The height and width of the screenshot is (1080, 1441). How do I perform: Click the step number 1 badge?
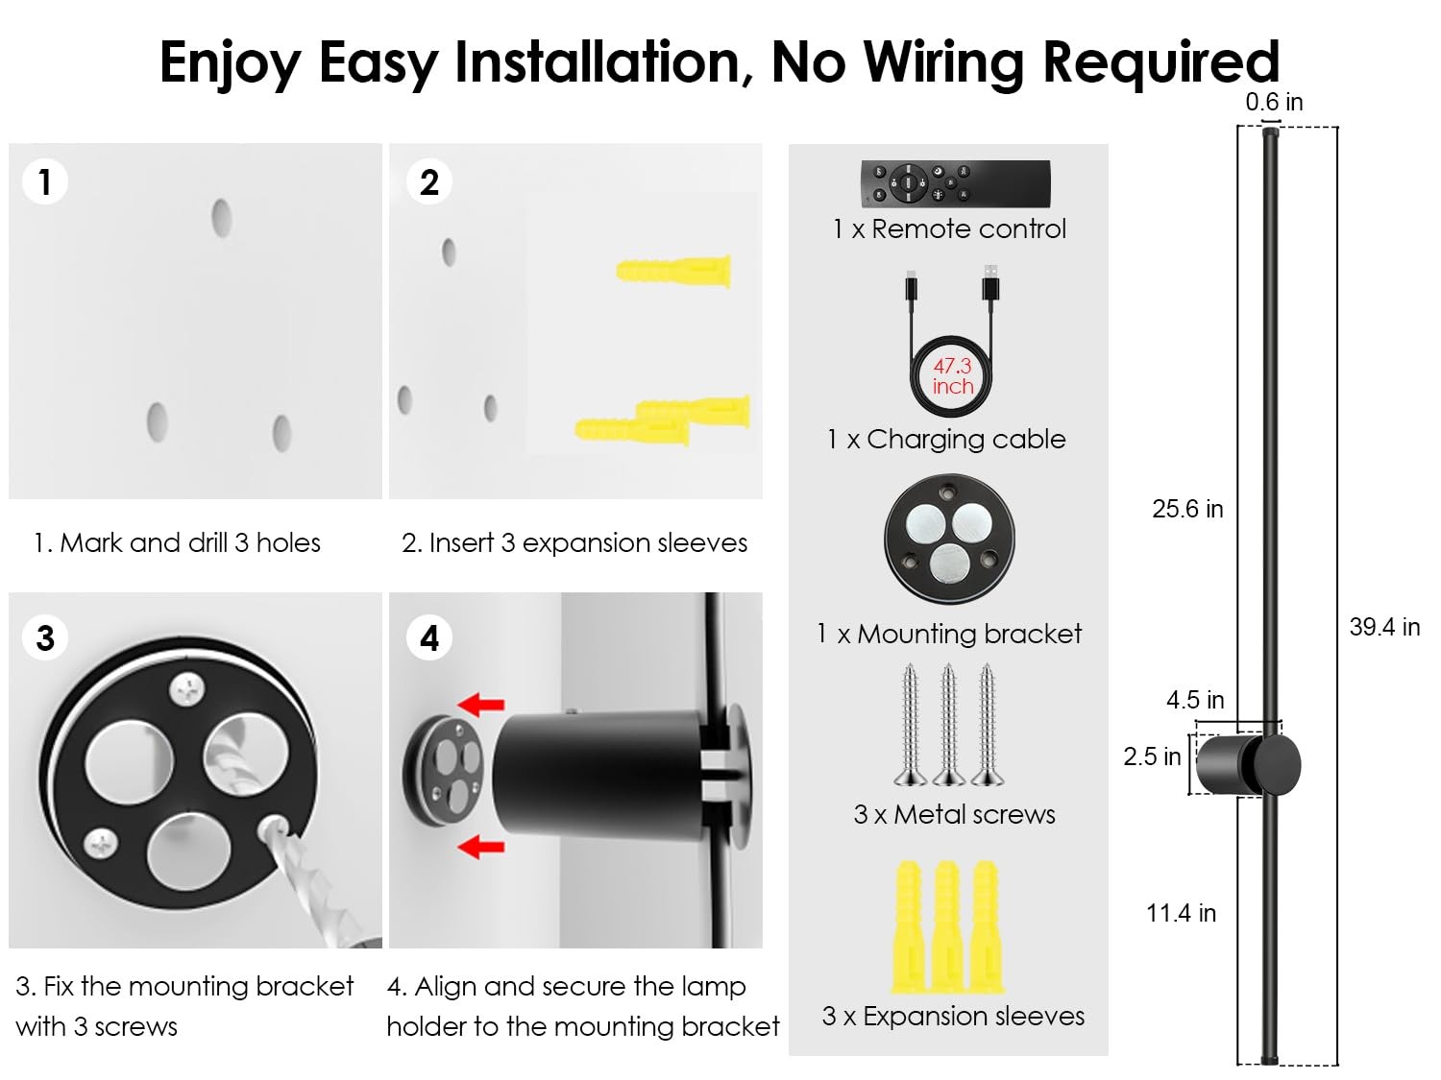pyautogui.click(x=44, y=181)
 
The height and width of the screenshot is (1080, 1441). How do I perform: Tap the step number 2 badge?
pyautogui.click(x=428, y=181)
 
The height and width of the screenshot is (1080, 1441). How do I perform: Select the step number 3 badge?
pyautogui.click(x=44, y=638)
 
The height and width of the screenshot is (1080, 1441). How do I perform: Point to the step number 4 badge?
pyautogui.click(x=428, y=638)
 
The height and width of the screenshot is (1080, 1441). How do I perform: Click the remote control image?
pyautogui.click(x=955, y=182)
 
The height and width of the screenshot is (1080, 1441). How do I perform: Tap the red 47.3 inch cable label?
pyautogui.click(x=952, y=376)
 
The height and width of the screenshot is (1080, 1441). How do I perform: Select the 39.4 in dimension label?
pyautogui.click(x=1383, y=627)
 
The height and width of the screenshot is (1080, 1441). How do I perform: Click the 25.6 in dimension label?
pyautogui.click(x=1187, y=509)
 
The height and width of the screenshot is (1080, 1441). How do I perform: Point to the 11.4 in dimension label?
pyautogui.click(x=1181, y=913)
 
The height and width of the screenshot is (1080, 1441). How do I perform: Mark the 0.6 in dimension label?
pyautogui.click(x=1274, y=102)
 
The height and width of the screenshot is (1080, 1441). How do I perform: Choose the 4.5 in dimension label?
pyautogui.click(x=1195, y=700)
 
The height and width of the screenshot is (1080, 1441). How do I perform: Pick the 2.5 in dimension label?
pyautogui.click(x=1152, y=756)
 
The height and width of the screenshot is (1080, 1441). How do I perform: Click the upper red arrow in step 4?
pyautogui.click(x=481, y=706)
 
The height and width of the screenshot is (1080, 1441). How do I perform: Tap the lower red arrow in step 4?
pyautogui.click(x=481, y=847)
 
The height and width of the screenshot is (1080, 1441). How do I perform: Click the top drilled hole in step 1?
pyautogui.click(x=222, y=219)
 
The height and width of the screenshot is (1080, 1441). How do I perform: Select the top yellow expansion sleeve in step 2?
pyautogui.click(x=673, y=271)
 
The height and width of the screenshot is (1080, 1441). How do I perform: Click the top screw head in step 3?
pyautogui.click(x=186, y=687)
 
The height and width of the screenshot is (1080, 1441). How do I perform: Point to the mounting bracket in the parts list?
pyautogui.click(x=949, y=539)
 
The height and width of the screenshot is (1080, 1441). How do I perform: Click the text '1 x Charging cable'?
pyautogui.click(x=946, y=439)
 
